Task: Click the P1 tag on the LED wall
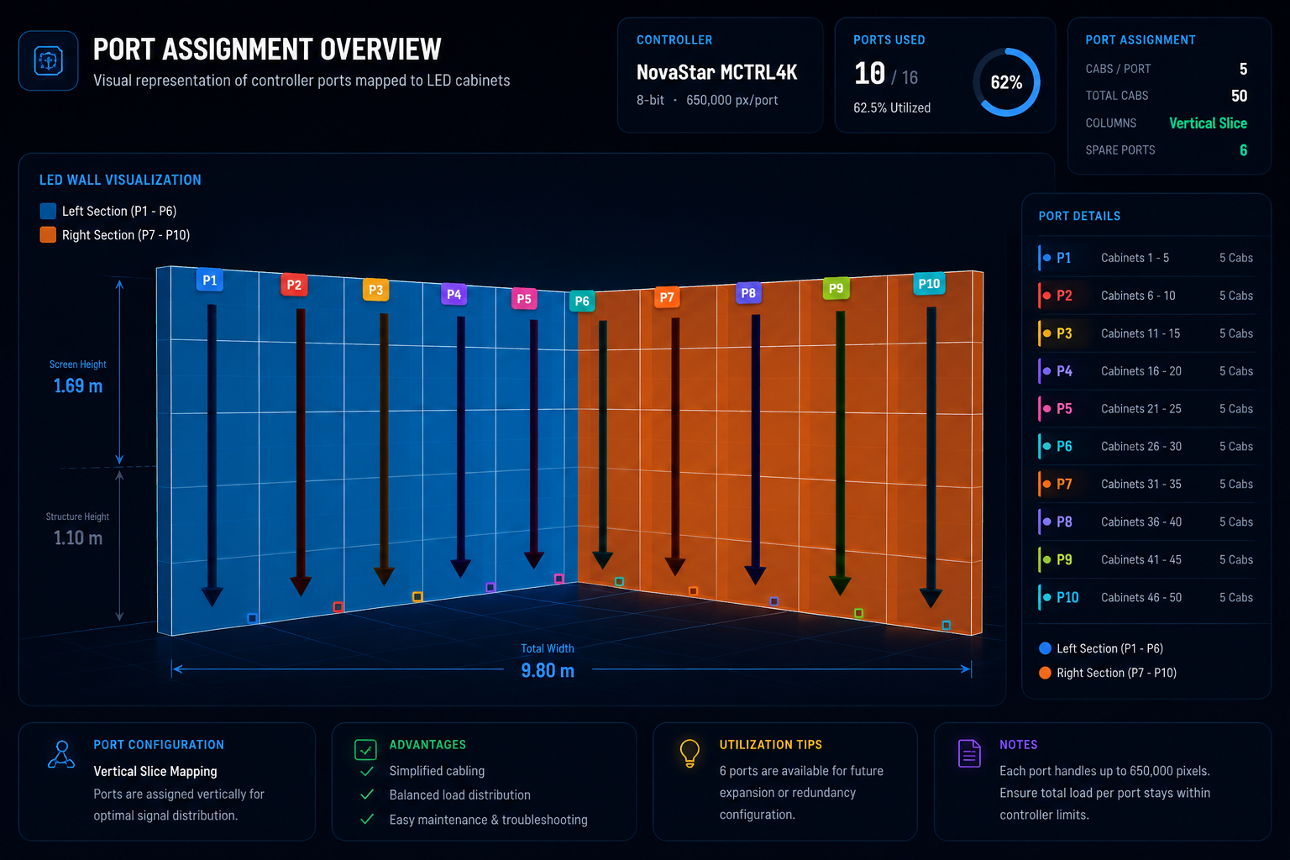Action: (210, 280)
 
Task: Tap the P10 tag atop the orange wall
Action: (929, 283)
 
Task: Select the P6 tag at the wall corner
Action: (582, 301)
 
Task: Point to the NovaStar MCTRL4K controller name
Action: (716, 72)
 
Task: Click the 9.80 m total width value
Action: (548, 670)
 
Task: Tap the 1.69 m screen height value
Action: (78, 385)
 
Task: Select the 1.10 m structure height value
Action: (78, 538)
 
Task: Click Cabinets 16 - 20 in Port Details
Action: (1141, 371)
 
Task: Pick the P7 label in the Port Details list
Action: (1064, 484)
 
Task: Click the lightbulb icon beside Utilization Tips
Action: (690, 753)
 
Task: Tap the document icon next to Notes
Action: (969, 753)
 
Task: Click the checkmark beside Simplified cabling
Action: (367, 771)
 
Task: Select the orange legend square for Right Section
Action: (48, 235)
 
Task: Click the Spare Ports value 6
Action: (1243, 150)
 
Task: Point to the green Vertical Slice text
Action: (1208, 123)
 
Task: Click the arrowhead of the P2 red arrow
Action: (301, 586)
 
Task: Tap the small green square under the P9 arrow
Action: (858, 613)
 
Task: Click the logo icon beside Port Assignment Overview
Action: (49, 60)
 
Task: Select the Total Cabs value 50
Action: (1239, 96)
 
